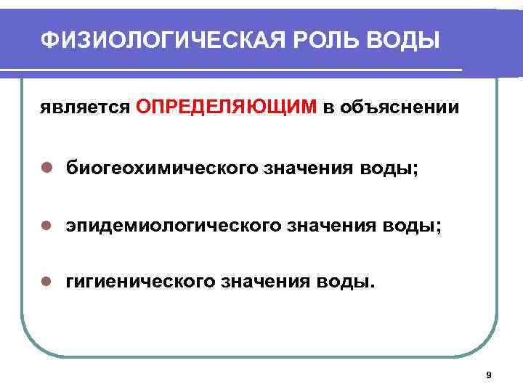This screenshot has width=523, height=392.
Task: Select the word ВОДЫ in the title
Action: point(404,39)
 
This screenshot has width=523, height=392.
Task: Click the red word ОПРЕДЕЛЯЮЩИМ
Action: point(226,107)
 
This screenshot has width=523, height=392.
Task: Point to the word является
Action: point(84,108)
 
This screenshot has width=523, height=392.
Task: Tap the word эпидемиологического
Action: point(170,227)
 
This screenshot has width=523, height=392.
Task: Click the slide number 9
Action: point(488,375)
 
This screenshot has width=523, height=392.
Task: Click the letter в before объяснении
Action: point(329,108)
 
